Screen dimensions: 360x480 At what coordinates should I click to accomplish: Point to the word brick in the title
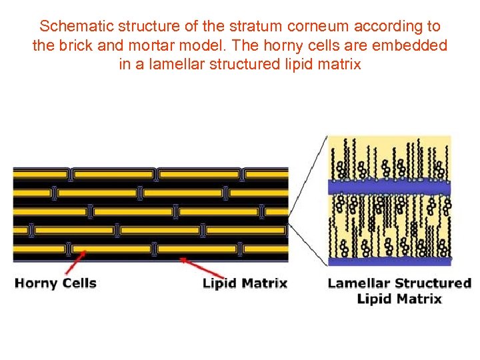pyautogui.click(x=71, y=46)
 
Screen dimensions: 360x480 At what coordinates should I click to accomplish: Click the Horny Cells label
pyautogui.click(x=56, y=283)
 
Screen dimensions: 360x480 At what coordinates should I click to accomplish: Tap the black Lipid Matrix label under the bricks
pyautogui.click(x=245, y=283)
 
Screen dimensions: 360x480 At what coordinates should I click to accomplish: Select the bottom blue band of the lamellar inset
pyautogui.click(x=389, y=260)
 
